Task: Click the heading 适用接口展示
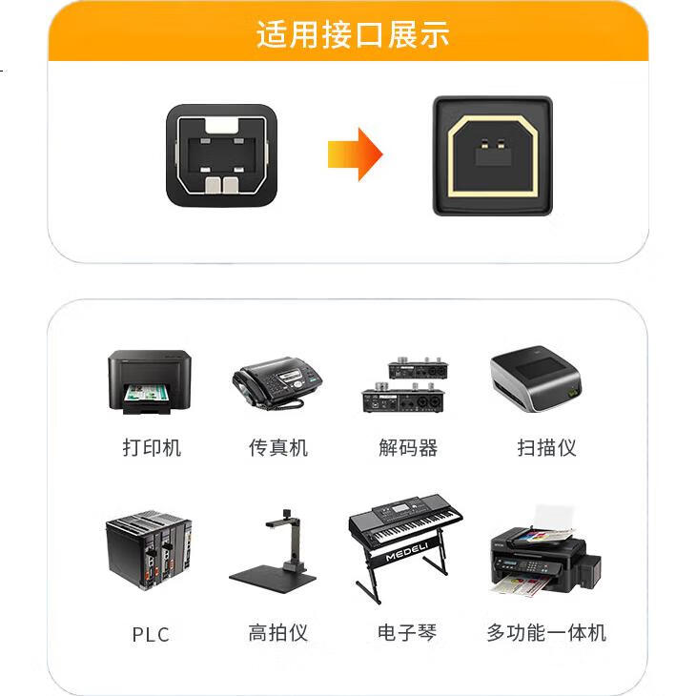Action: coord(353,34)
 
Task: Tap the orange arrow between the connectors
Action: coord(355,154)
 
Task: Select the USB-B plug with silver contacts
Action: coord(222,155)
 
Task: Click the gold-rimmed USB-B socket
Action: coord(493,155)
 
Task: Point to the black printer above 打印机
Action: coord(150,382)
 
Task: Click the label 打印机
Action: coord(152,447)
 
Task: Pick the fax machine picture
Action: coord(277,383)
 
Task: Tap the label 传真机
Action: coord(278,447)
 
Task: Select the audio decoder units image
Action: coord(405,384)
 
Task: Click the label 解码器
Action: coord(408,447)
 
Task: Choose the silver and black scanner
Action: coord(536,379)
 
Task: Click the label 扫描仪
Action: coord(547,447)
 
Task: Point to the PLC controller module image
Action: coord(149,549)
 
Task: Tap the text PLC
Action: coord(151,635)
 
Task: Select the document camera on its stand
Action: coord(274,547)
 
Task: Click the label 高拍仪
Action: coord(278,632)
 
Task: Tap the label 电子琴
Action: coord(407,632)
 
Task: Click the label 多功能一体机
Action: coord(546,632)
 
